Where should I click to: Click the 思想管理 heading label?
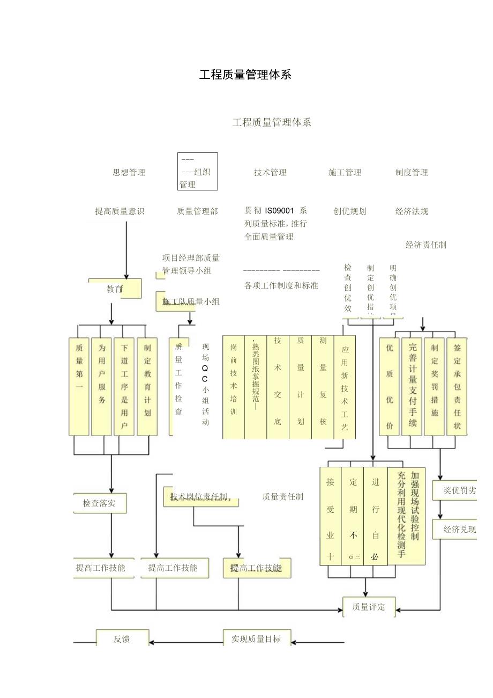pyautogui.click(x=129, y=172)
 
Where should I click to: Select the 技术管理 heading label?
pyautogui.click(x=270, y=172)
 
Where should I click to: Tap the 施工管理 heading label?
pyautogui.click(x=345, y=172)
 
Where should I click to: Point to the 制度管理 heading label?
pyautogui.click(x=412, y=172)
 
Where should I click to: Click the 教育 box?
pyautogui.click(x=115, y=289)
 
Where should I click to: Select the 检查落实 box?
pyautogui.click(x=100, y=503)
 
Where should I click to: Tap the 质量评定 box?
pyautogui.click(x=369, y=607)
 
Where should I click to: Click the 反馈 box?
pyautogui.click(x=122, y=639)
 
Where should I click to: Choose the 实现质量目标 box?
pyautogui.click(x=256, y=639)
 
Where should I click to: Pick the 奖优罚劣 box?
pyautogui.click(x=459, y=490)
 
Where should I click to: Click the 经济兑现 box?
pyautogui.click(x=459, y=529)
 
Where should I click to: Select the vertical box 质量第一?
pyautogui.click(x=79, y=386)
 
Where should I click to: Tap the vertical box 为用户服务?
pyautogui.click(x=102, y=386)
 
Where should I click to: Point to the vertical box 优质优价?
pyautogui.click(x=390, y=386)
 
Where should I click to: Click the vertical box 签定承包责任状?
pyautogui.click(x=457, y=386)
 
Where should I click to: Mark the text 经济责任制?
pyautogui.click(x=425, y=245)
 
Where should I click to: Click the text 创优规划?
pyautogui.click(x=349, y=211)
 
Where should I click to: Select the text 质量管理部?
pyautogui.click(x=197, y=211)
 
